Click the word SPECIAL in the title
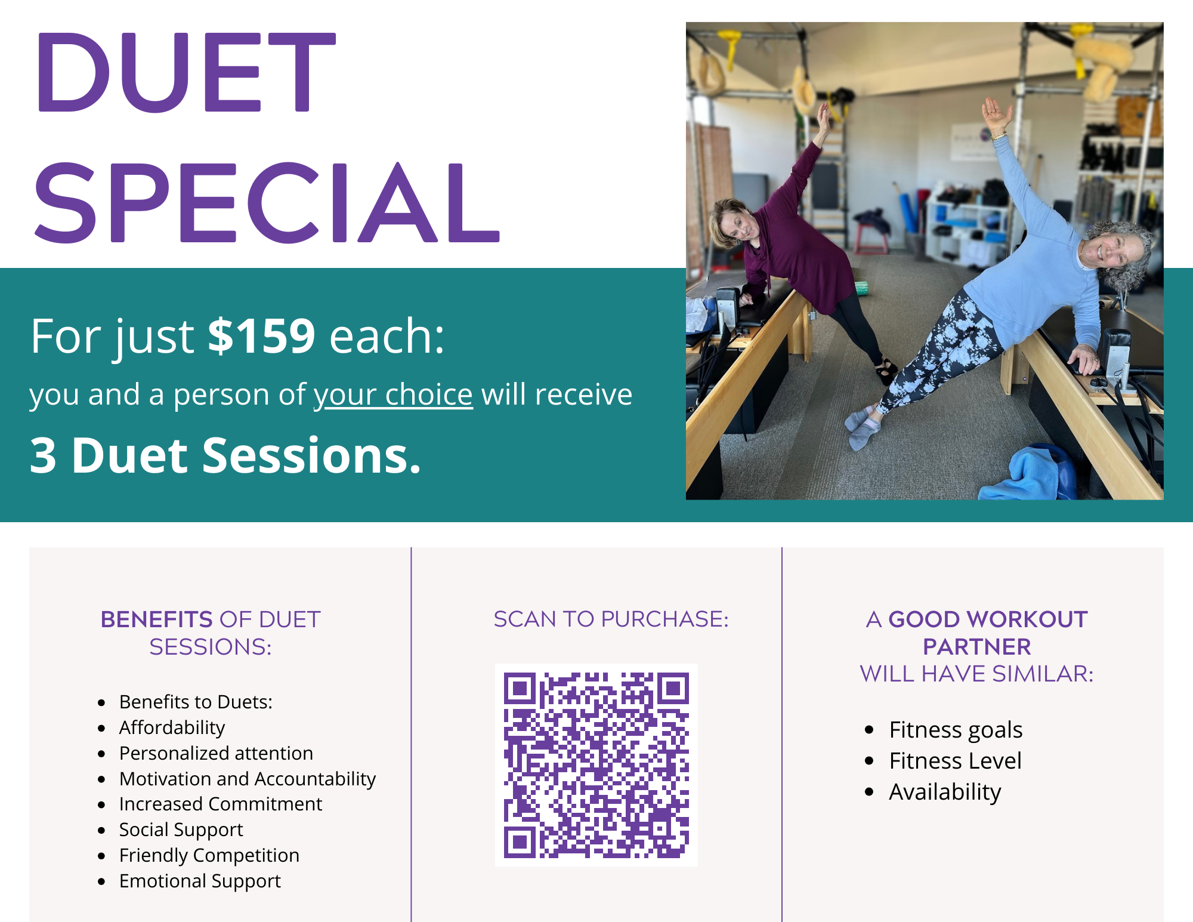(267, 202)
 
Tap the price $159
(261, 335)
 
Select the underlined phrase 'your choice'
(393, 394)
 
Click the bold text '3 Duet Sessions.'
(225, 455)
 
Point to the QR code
(596, 765)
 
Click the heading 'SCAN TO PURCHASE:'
(611, 619)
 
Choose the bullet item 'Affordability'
(172, 727)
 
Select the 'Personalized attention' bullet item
(216, 753)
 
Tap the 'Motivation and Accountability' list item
(248, 779)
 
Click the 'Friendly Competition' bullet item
(209, 855)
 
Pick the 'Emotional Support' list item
(200, 881)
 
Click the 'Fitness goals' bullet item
(956, 730)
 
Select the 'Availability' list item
(945, 792)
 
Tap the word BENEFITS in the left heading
(157, 619)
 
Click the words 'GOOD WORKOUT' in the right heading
(988, 619)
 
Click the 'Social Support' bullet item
(181, 830)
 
